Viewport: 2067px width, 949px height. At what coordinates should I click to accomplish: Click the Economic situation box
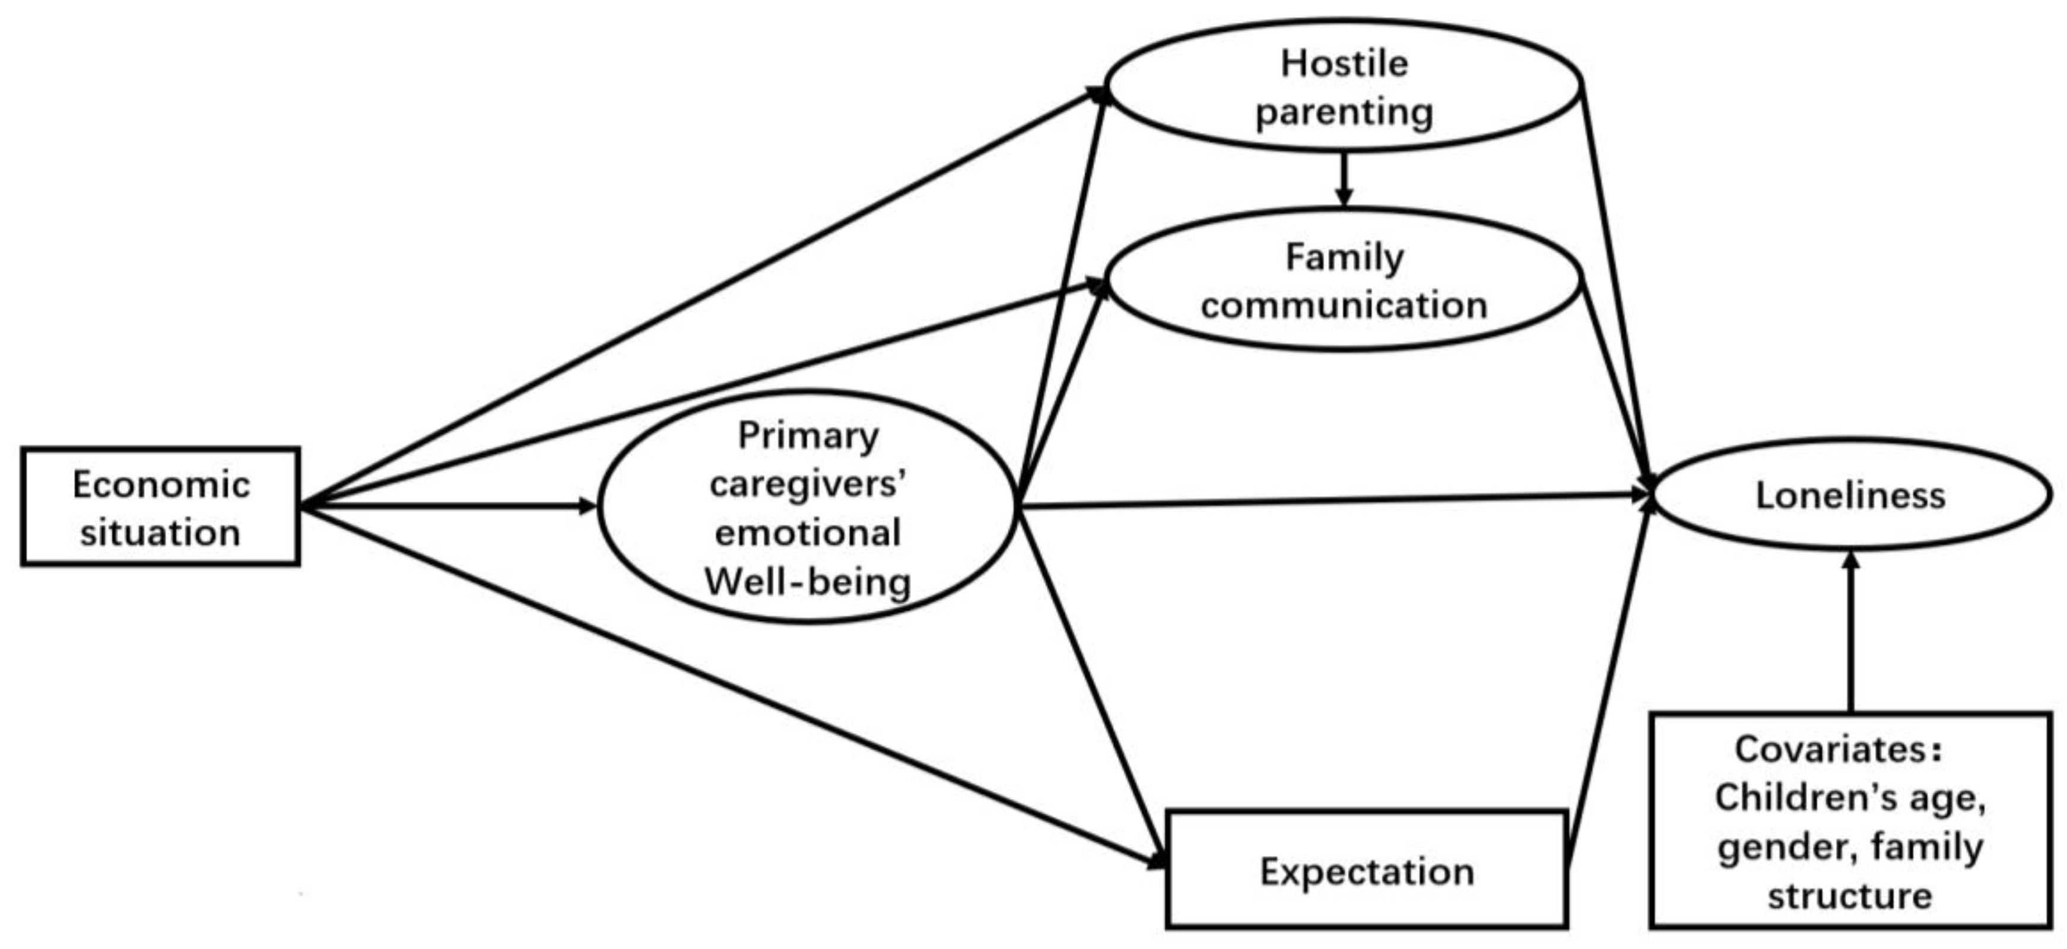[160, 507]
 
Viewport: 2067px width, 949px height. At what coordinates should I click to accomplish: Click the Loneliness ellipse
[1850, 495]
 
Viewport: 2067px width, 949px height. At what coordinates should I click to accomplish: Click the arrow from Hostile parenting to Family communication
[1344, 178]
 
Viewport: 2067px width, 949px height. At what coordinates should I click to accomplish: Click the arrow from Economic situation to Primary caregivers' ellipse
[449, 506]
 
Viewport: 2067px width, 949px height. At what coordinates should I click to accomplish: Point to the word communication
[1344, 305]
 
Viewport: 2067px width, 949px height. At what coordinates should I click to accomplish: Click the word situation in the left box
[160, 533]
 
